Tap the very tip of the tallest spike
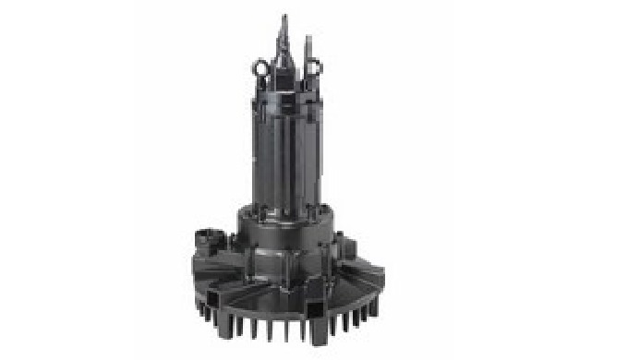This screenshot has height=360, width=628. tap(284, 16)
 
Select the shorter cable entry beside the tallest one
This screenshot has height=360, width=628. tap(308, 51)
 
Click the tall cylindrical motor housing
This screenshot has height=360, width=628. tap(288, 148)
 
